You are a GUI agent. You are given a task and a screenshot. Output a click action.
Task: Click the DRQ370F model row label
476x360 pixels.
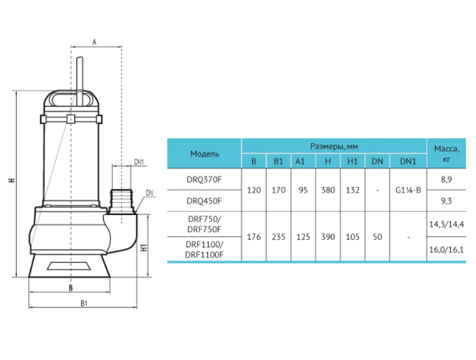(204, 180)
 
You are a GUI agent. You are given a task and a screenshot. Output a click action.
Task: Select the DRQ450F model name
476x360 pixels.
(204, 201)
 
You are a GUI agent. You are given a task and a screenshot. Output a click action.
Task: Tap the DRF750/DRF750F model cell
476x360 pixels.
(204, 224)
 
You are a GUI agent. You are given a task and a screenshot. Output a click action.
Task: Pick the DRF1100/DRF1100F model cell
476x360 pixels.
(204, 249)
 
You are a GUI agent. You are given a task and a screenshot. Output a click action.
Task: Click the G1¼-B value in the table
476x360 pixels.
(408, 190)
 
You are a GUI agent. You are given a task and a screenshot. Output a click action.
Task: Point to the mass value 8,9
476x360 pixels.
(446, 180)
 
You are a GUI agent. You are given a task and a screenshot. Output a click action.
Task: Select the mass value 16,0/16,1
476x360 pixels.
(446, 250)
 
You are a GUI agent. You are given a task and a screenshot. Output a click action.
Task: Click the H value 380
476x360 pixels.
(328, 190)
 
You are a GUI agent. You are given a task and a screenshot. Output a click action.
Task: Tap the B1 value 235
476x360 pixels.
(278, 237)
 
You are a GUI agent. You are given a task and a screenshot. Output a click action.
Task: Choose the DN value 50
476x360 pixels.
(377, 237)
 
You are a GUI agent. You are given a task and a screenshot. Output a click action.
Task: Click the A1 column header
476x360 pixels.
(300, 161)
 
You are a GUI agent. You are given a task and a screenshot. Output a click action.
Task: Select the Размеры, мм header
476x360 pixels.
(334, 146)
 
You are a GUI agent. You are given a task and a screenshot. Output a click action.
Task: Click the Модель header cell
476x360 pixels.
(205, 154)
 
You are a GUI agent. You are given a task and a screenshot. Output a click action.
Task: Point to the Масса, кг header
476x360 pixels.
(447, 153)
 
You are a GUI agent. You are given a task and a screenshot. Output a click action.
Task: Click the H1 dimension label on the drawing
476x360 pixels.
(144, 247)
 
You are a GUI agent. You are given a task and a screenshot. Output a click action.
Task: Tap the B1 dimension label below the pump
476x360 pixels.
(84, 303)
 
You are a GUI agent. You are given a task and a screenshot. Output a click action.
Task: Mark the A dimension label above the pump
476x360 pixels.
(95, 42)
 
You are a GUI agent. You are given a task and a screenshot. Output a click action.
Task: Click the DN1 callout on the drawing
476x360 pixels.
(139, 162)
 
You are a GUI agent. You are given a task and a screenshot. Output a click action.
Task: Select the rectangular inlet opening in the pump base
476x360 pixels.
(69, 266)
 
